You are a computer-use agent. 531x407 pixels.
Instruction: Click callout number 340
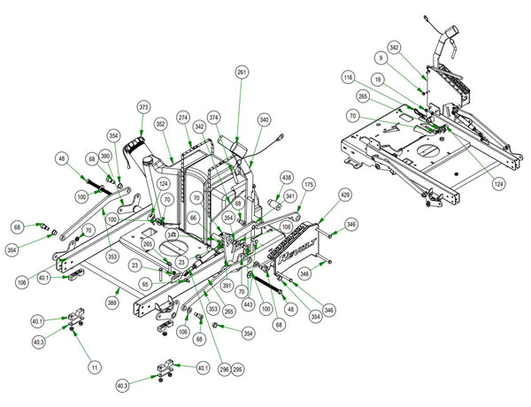(264, 121)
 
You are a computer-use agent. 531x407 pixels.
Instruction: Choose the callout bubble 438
(286, 178)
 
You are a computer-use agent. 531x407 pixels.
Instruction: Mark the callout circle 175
(309, 185)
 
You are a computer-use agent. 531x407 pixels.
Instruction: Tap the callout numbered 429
(345, 194)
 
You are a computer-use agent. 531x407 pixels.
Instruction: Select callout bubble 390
(104, 156)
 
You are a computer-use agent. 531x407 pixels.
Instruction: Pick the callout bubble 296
(224, 369)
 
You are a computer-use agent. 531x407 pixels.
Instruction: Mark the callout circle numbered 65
(146, 285)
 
